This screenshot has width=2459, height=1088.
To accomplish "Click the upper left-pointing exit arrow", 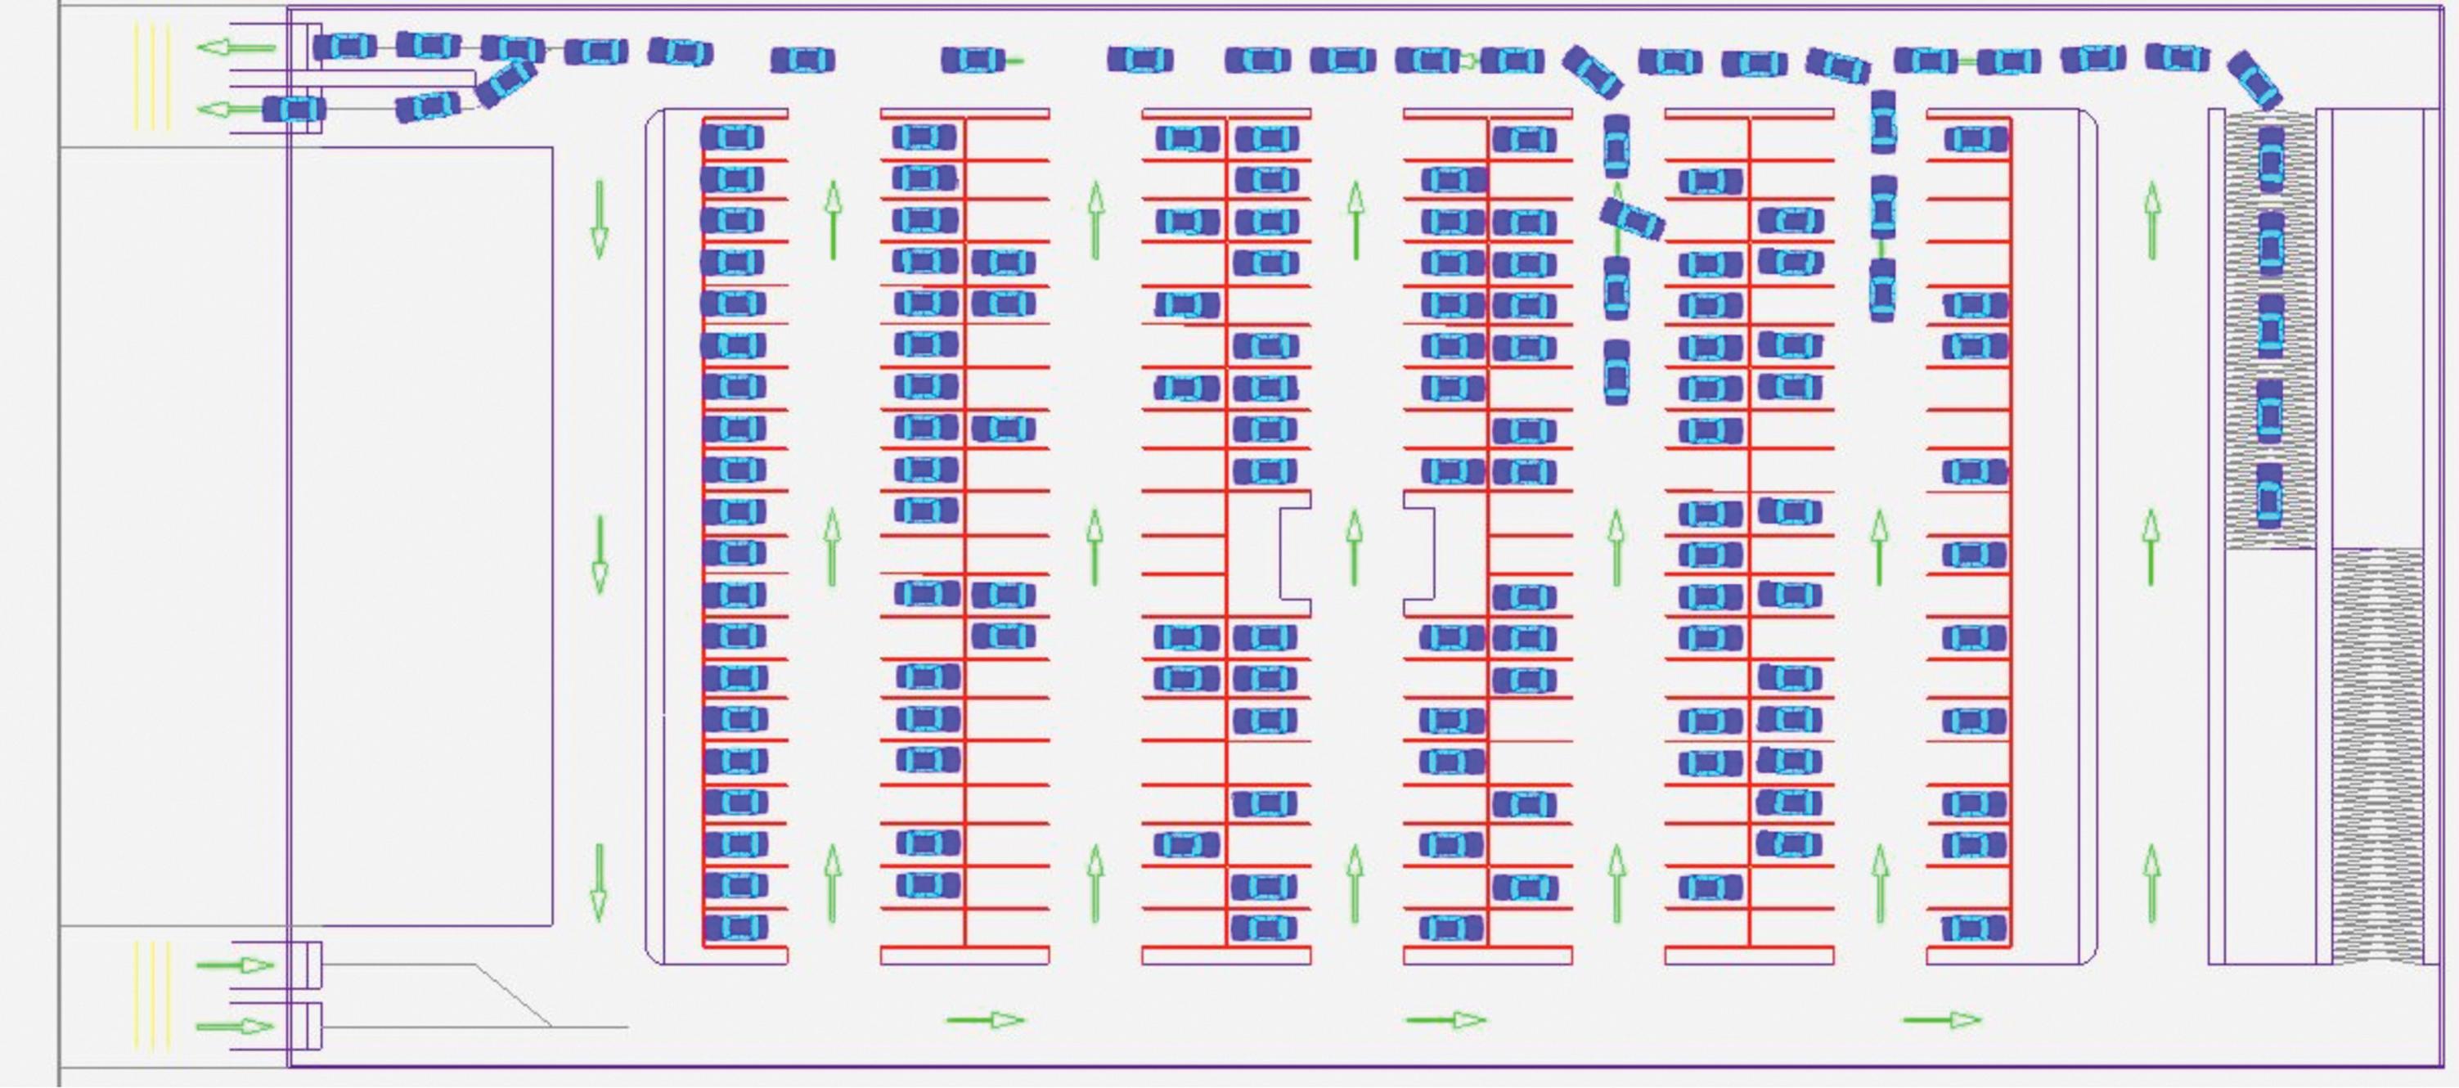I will pyautogui.click(x=236, y=47).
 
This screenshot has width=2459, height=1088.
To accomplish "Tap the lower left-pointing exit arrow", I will pyautogui.click(x=229, y=110).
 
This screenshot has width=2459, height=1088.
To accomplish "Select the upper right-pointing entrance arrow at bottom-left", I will pyautogui.click(x=235, y=965).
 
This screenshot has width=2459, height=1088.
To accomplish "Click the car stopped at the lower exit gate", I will pyautogui.click(x=294, y=109).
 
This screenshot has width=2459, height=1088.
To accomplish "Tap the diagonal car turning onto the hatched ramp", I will pyautogui.click(x=2254, y=79).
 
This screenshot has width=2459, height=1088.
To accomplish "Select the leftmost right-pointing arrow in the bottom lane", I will pyautogui.click(x=985, y=1020).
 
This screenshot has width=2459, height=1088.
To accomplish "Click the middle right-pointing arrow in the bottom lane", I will pyautogui.click(x=1445, y=1020).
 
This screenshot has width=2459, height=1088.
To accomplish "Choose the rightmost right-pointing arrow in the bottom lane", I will pyautogui.click(x=1942, y=1020).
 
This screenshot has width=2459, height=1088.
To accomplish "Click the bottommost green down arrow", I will pyautogui.click(x=599, y=882).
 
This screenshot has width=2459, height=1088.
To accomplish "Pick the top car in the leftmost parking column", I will pyautogui.click(x=732, y=137).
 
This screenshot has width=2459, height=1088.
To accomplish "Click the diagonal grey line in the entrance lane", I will pyautogui.click(x=514, y=996).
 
